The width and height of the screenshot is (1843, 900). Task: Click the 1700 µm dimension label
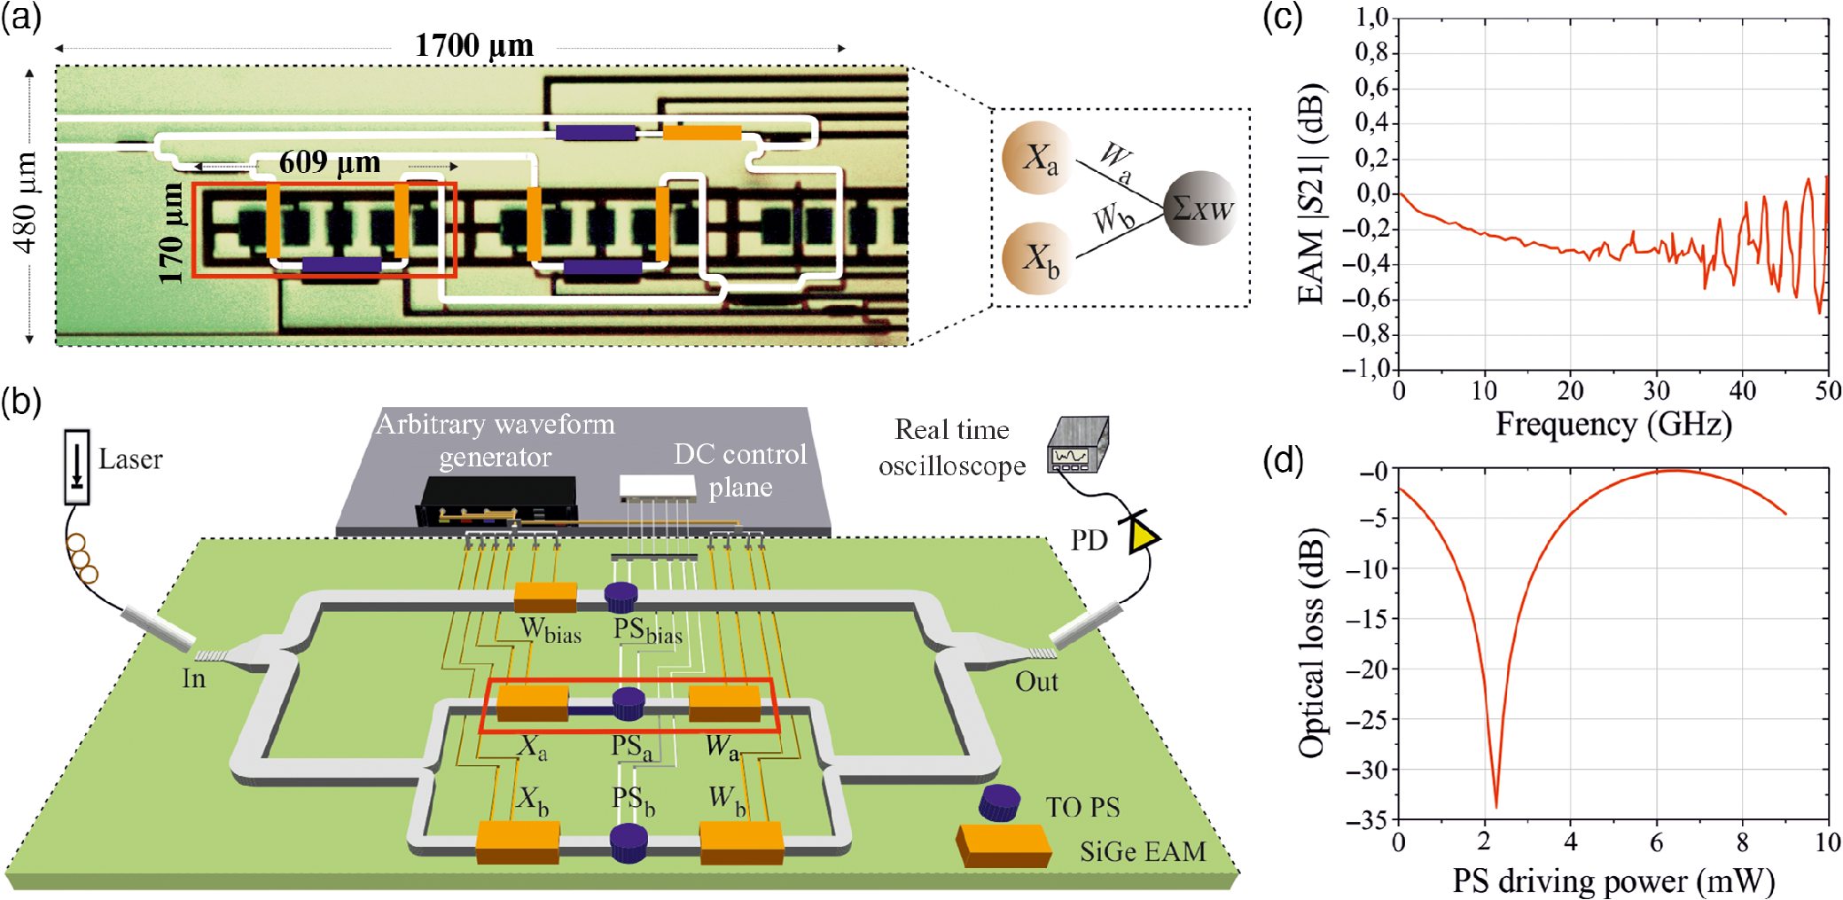pos(474,45)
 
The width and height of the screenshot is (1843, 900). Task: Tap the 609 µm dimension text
pos(330,162)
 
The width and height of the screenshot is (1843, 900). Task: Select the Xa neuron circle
pos(1036,158)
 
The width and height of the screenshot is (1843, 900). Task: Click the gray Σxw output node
pos(1200,207)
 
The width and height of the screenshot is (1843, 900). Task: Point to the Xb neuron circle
pos(1036,258)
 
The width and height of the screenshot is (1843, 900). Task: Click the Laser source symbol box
pos(77,466)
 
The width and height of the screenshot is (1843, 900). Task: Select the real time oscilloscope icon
pos(1078,444)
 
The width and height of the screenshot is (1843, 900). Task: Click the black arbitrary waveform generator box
pos(498,502)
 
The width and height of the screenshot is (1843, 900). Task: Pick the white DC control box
pos(657,486)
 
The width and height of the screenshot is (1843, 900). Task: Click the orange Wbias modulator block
pos(545,597)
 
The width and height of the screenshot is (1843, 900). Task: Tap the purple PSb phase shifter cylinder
pos(629,841)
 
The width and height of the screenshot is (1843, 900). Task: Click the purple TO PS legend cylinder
pos(999,802)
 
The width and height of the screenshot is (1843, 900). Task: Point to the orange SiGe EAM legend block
pos(1003,846)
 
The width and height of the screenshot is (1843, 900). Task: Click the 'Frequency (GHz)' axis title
pos(1613,424)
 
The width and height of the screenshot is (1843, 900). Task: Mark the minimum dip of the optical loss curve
pos(1496,805)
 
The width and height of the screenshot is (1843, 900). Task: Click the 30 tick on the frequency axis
pos(1656,391)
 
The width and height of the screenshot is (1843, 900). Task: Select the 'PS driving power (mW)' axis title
pos(1613,880)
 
